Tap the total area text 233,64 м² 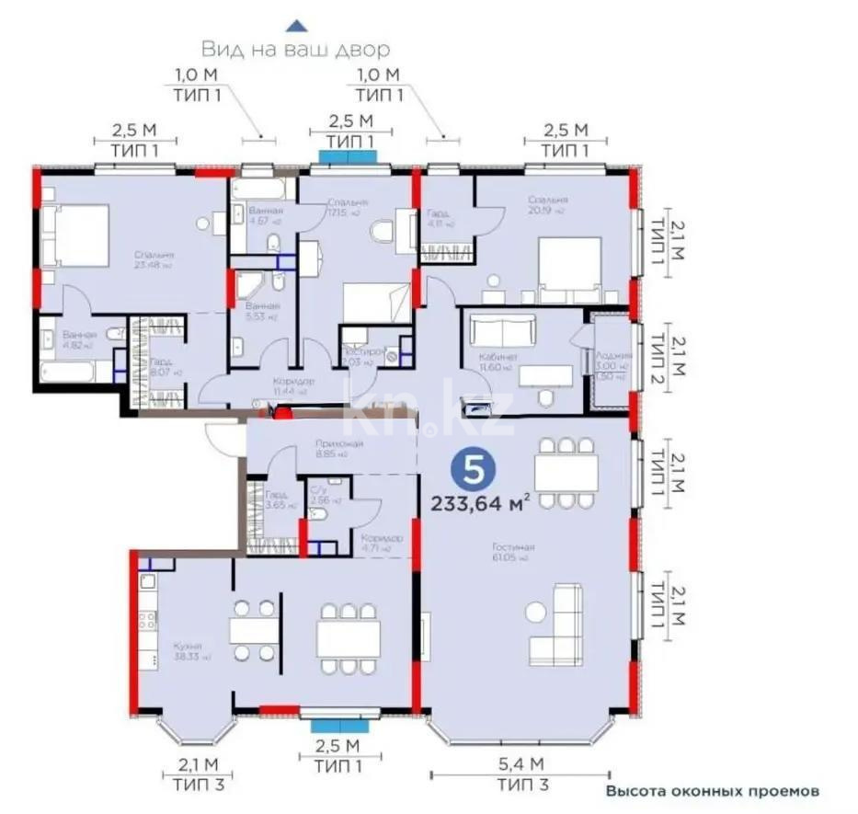[x=480, y=502]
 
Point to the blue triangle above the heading [x=294, y=26]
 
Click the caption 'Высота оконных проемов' [x=711, y=791]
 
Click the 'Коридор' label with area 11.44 [x=294, y=381]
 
